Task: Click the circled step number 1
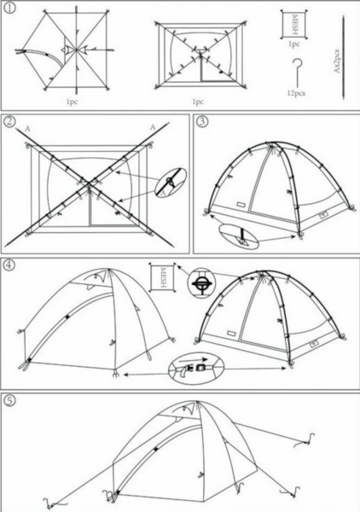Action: (x=9, y=9)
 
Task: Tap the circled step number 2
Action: (x=9, y=121)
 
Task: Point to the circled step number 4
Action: (x=9, y=265)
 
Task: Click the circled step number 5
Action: (x=9, y=400)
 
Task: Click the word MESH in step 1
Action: (x=294, y=25)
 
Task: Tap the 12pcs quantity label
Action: (x=296, y=93)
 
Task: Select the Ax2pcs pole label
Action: (x=338, y=61)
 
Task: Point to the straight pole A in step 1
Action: (x=343, y=57)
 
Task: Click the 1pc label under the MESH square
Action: (x=294, y=44)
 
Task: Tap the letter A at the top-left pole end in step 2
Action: (x=28, y=129)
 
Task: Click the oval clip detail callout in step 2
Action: (x=171, y=183)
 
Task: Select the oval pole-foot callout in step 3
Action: (x=239, y=236)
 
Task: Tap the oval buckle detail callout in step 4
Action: (x=196, y=369)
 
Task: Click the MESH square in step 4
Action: (x=163, y=276)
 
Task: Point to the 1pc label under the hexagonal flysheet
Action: (x=72, y=102)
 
